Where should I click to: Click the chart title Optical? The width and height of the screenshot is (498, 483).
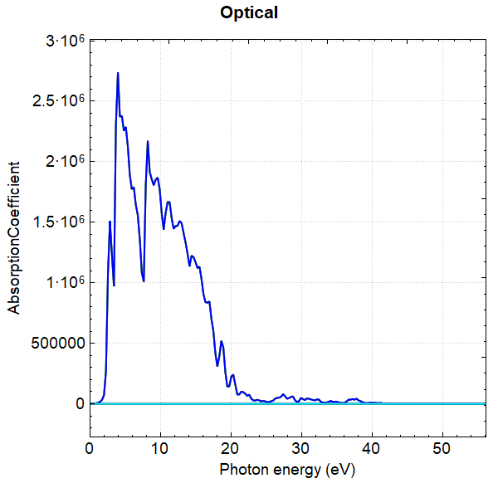(x=249, y=13)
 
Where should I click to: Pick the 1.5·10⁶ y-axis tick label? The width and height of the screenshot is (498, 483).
(x=60, y=222)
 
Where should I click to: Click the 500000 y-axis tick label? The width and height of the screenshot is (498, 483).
(x=56, y=344)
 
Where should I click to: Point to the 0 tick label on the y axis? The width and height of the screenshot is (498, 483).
(x=80, y=404)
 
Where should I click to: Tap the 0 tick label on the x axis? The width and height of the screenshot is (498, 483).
(x=90, y=446)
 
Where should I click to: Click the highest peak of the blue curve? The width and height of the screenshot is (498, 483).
(x=118, y=73)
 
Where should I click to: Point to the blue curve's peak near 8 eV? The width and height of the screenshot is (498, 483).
(x=148, y=142)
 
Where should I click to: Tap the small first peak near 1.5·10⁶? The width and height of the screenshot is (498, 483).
(x=110, y=222)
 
